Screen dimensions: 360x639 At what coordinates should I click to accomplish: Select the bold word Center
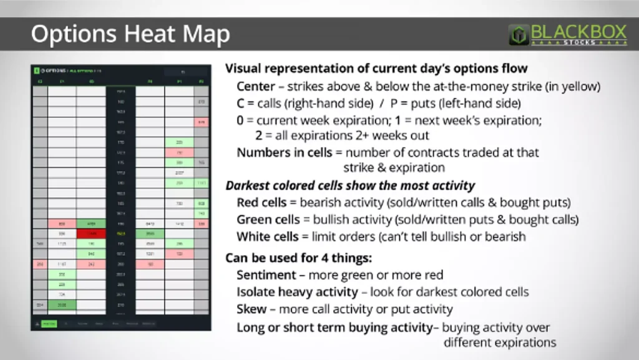[255, 87]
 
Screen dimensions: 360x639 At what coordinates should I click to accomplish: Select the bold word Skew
[250, 309]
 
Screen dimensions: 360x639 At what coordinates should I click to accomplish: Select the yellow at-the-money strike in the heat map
[120, 233]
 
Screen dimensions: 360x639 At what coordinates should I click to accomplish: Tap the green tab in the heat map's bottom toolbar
[49, 323]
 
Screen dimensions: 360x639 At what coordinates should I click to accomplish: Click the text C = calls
[261, 103]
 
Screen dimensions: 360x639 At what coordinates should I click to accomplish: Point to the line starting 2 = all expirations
[342, 135]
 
